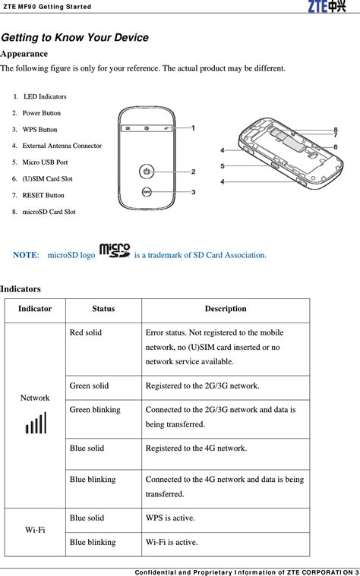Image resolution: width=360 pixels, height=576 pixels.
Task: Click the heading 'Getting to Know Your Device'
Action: (x=74, y=38)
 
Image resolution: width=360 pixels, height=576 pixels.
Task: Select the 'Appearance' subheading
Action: (x=24, y=54)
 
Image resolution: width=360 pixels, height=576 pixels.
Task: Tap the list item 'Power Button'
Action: (x=42, y=113)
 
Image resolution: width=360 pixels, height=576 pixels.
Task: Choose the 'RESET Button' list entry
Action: (x=43, y=195)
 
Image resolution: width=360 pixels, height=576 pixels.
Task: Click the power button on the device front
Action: (x=147, y=172)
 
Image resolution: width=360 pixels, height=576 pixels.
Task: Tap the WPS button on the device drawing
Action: (x=147, y=192)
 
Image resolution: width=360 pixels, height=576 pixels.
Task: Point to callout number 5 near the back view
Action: (x=223, y=165)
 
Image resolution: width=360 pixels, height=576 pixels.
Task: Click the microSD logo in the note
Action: (x=115, y=251)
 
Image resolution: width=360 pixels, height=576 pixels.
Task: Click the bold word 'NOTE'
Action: (x=26, y=256)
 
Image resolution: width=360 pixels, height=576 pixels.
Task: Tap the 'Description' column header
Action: (x=225, y=309)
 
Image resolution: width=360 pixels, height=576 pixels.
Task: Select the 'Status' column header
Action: (x=103, y=309)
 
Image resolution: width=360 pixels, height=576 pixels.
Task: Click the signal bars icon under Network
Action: (x=36, y=423)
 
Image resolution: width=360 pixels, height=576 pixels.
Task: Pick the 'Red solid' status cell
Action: (x=85, y=333)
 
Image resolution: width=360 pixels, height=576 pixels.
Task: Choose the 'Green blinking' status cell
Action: (x=94, y=410)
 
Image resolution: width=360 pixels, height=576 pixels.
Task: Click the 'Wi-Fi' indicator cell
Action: (x=35, y=530)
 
